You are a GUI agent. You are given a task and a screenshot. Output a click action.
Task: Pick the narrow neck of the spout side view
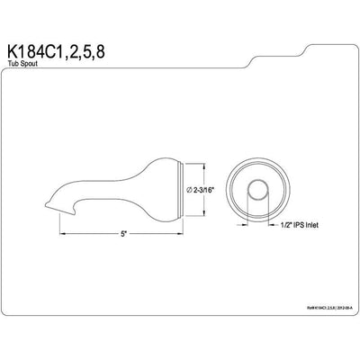(108, 191)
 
